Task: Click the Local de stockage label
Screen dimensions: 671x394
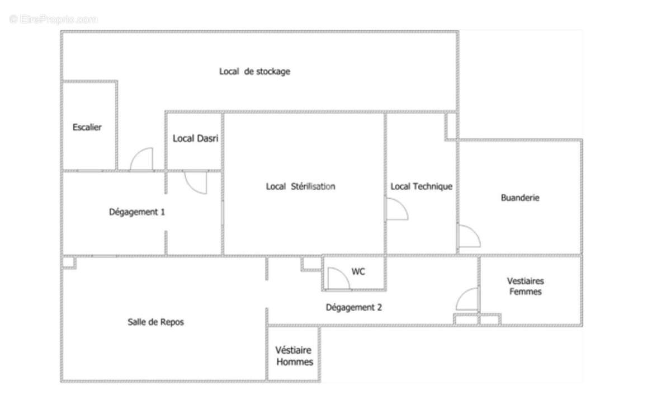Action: tap(254, 72)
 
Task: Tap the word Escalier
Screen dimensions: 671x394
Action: tap(87, 127)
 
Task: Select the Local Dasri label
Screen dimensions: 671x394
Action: tap(195, 138)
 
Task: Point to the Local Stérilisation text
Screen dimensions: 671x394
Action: tap(300, 186)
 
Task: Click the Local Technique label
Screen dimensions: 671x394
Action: tap(421, 186)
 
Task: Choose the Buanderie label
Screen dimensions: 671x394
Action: tap(520, 198)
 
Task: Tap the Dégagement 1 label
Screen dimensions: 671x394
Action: tap(137, 212)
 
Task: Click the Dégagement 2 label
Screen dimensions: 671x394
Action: tap(354, 308)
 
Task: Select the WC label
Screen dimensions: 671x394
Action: tap(358, 271)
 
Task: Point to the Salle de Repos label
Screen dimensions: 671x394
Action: tap(156, 322)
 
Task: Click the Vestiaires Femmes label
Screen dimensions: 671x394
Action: tap(526, 287)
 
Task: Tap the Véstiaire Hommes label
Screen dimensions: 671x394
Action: tap(294, 356)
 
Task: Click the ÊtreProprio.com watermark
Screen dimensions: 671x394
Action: tap(53, 19)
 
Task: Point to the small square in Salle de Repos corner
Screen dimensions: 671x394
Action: tap(69, 262)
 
